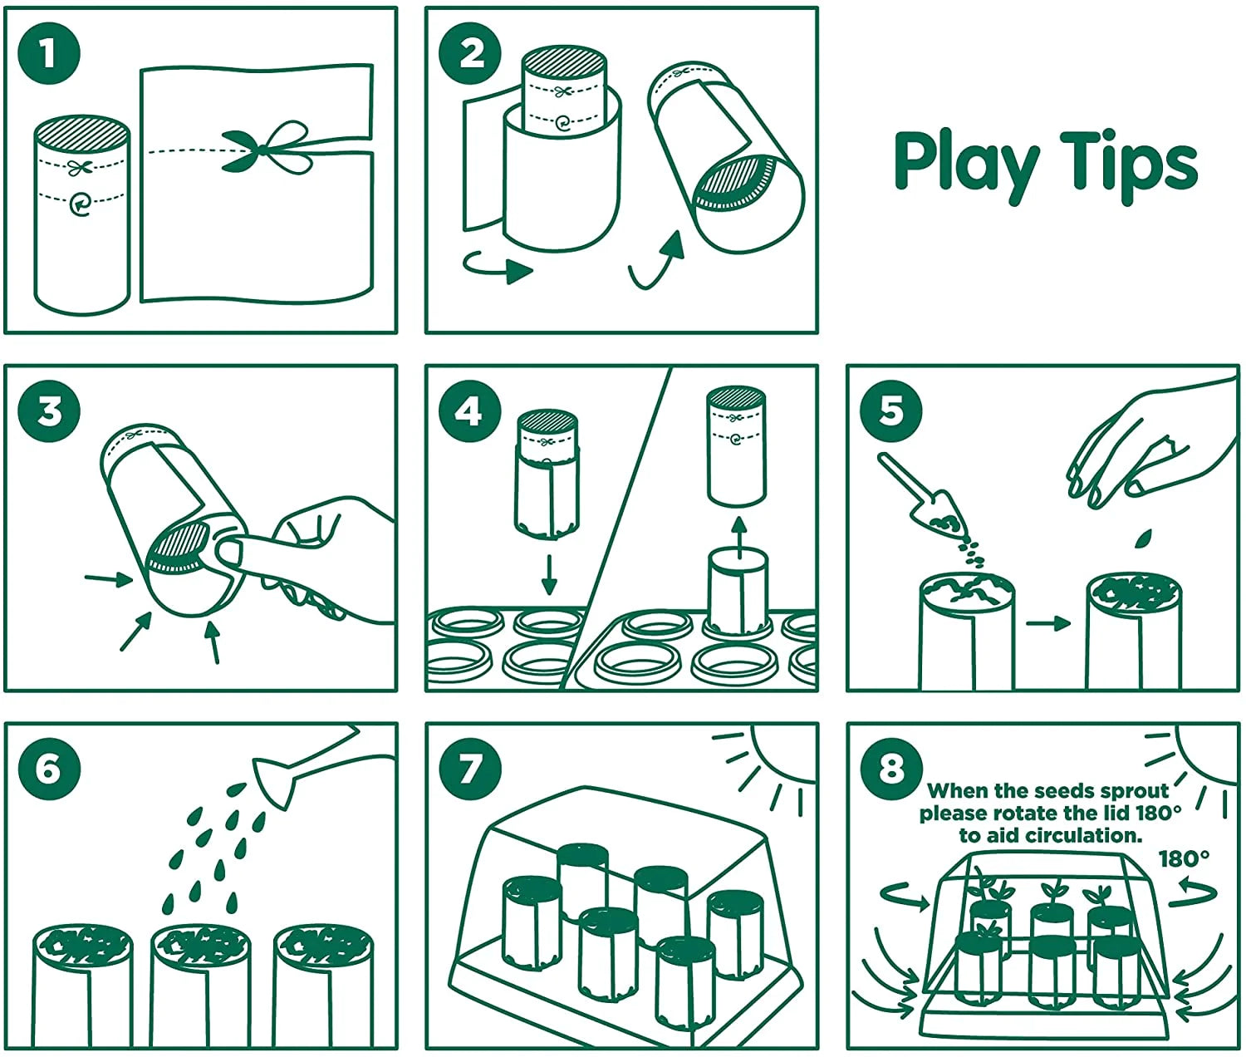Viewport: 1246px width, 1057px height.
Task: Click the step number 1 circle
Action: (x=50, y=53)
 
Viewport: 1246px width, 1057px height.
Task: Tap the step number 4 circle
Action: (x=469, y=412)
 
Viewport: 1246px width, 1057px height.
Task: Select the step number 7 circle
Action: (x=469, y=769)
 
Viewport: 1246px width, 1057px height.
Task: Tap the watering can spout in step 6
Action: (x=275, y=782)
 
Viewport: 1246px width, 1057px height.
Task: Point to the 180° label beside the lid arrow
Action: (x=1184, y=858)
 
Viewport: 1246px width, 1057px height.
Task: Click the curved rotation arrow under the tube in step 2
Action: (x=498, y=268)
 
